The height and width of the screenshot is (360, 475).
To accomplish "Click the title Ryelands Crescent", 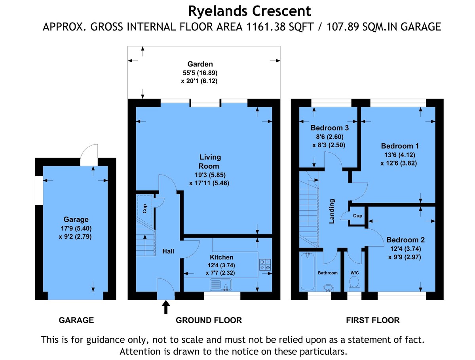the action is (x=249, y=11).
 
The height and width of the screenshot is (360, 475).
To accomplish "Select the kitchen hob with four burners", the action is (x=265, y=265).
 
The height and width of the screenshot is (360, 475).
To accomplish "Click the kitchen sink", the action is (x=221, y=284).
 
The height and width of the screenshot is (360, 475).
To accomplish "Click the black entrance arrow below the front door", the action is (x=166, y=307).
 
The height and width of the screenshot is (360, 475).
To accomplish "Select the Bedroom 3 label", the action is (x=329, y=128).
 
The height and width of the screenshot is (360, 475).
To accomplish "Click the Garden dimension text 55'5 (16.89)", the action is (x=200, y=72).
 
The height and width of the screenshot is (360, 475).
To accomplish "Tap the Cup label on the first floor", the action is (x=357, y=215).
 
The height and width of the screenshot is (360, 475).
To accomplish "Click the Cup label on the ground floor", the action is (x=144, y=209).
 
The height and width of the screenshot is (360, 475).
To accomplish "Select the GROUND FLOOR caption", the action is (x=209, y=320).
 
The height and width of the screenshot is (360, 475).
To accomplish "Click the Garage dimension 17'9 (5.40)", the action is (x=76, y=228).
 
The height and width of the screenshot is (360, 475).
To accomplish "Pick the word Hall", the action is (x=168, y=251).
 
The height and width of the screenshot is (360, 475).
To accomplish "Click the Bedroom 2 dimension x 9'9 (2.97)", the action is (x=405, y=257).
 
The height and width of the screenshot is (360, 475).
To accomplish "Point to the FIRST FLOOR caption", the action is (x=372, y=320).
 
